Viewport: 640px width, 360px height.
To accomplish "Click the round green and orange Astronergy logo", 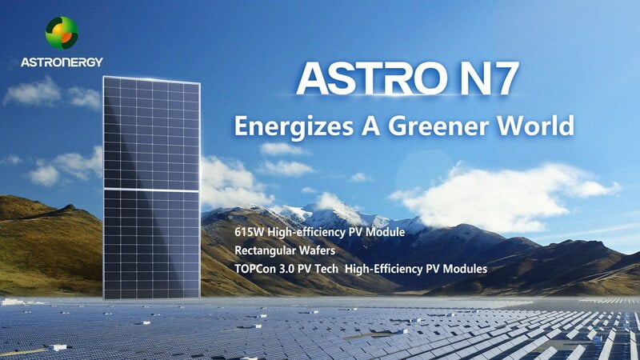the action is point(62,33).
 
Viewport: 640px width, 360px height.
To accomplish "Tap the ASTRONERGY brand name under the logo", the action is point(62,62).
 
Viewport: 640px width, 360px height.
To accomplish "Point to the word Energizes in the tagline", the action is point(294,126).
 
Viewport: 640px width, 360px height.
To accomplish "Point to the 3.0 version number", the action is point(287,269).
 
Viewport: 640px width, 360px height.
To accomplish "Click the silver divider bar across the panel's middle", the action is point(151,190).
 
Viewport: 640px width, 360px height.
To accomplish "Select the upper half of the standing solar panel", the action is point(151,133).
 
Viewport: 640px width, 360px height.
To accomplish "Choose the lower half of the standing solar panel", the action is point(151,245).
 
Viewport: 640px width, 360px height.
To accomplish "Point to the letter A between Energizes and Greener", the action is point(371,126).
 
